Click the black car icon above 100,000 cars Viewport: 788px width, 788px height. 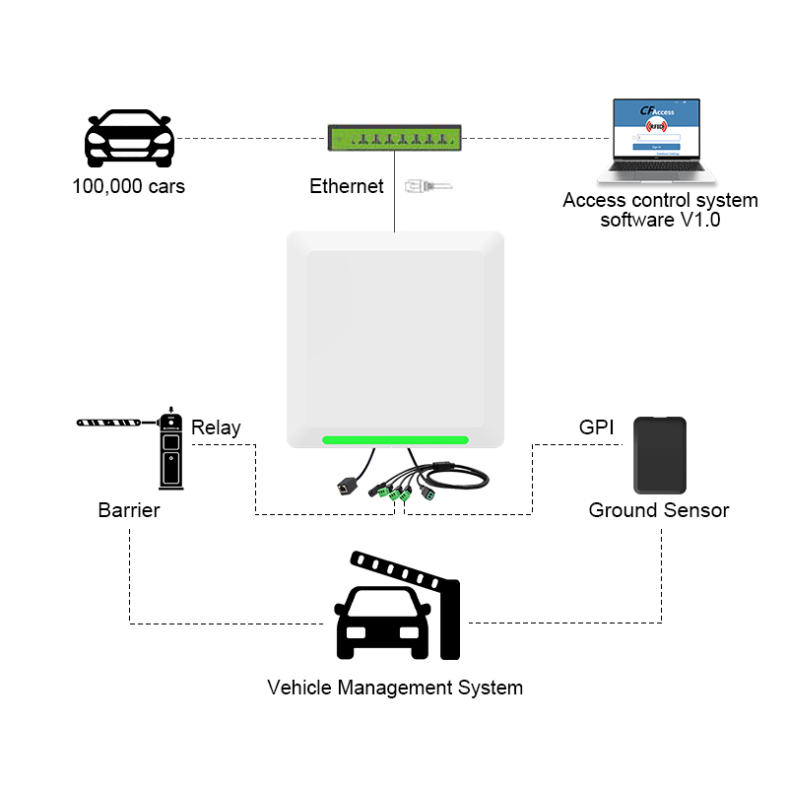coord(130,139)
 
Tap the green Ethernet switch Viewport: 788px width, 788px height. coord(394,137)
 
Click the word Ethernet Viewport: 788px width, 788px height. coord(347,186)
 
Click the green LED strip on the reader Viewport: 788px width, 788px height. coord(394,440)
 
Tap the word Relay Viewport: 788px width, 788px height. coord(216,427)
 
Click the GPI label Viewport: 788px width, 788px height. coord(596,427)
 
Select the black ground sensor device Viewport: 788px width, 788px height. coord(659,454)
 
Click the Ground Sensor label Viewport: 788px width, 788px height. coord(659,510)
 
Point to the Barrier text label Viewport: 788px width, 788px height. coord(129,510)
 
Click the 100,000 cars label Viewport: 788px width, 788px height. coord(128,186)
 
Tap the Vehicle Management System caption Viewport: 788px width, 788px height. coord(395,687)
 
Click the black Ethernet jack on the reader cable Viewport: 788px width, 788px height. coord(346,486)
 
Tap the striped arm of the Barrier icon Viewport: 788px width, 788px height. coord(114,423)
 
